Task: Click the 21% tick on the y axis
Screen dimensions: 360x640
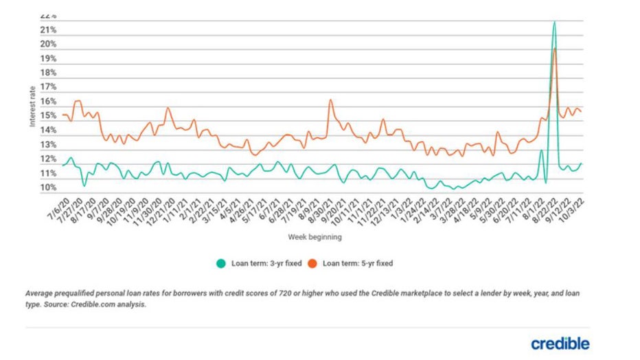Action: coord(47,30)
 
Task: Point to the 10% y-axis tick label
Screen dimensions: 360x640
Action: coord(47,188)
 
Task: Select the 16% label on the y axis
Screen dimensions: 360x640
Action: coord(47,102)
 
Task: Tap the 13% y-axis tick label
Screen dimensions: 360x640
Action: coord(47,145)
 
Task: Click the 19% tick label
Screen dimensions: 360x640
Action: coord(47,58)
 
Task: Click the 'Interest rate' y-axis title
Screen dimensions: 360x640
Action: coord(32,106)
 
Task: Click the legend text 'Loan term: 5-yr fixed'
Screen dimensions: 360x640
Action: coord(357,263)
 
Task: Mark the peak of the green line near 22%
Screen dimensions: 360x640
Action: coord(554,22)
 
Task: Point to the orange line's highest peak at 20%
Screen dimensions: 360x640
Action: coord(555,49)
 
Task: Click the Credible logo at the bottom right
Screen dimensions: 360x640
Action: coord(560,343)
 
